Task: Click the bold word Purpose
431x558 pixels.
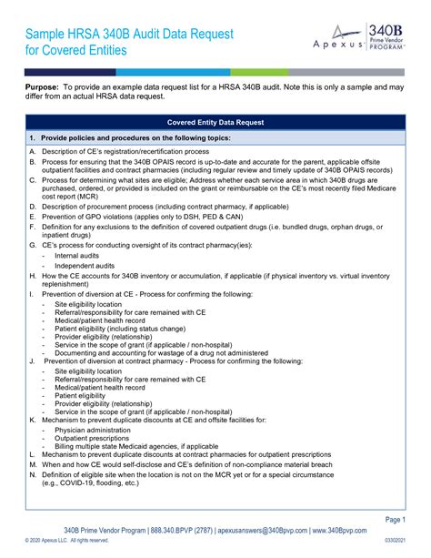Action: (x=44, y=85)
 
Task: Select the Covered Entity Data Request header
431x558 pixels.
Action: (x=215, y=121)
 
